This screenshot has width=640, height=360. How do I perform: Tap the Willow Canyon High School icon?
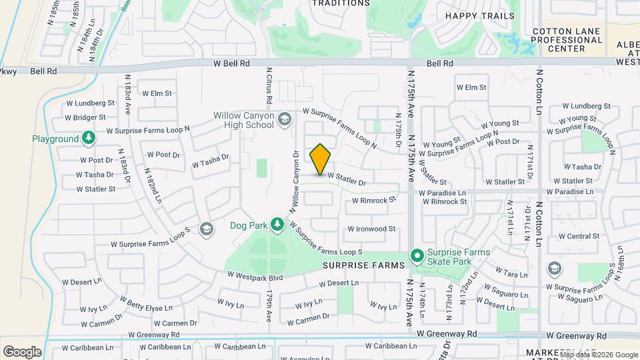point(285,119)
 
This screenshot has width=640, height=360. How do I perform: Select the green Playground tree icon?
point(88,138)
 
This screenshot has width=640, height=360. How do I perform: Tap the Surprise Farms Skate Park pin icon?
point(417,255)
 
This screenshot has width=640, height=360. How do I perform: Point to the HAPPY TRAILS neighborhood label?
point(479,16)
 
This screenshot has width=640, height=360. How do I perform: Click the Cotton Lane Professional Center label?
point(567,40)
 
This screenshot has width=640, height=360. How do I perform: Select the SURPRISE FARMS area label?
point(364,265)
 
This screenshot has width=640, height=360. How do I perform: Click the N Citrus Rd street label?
point(269,85)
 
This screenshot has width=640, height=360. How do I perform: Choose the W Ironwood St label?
point(371,229)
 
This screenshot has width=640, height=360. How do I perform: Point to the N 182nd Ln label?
point(152,186)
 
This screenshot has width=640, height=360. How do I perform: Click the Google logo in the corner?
point(22,351)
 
